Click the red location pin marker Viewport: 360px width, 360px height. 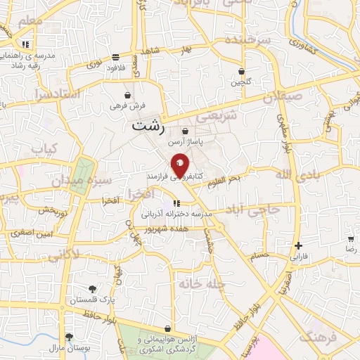[x=180, y=165]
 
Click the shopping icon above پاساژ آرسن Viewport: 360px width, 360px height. [x=184, y=131]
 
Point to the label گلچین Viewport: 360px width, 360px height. [x=242, y=82]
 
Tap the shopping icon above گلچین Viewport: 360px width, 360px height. [x=242, y=72]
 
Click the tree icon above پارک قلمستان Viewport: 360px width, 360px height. [x=92, y=289]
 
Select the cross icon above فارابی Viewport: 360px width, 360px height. [x=299, y=246]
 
